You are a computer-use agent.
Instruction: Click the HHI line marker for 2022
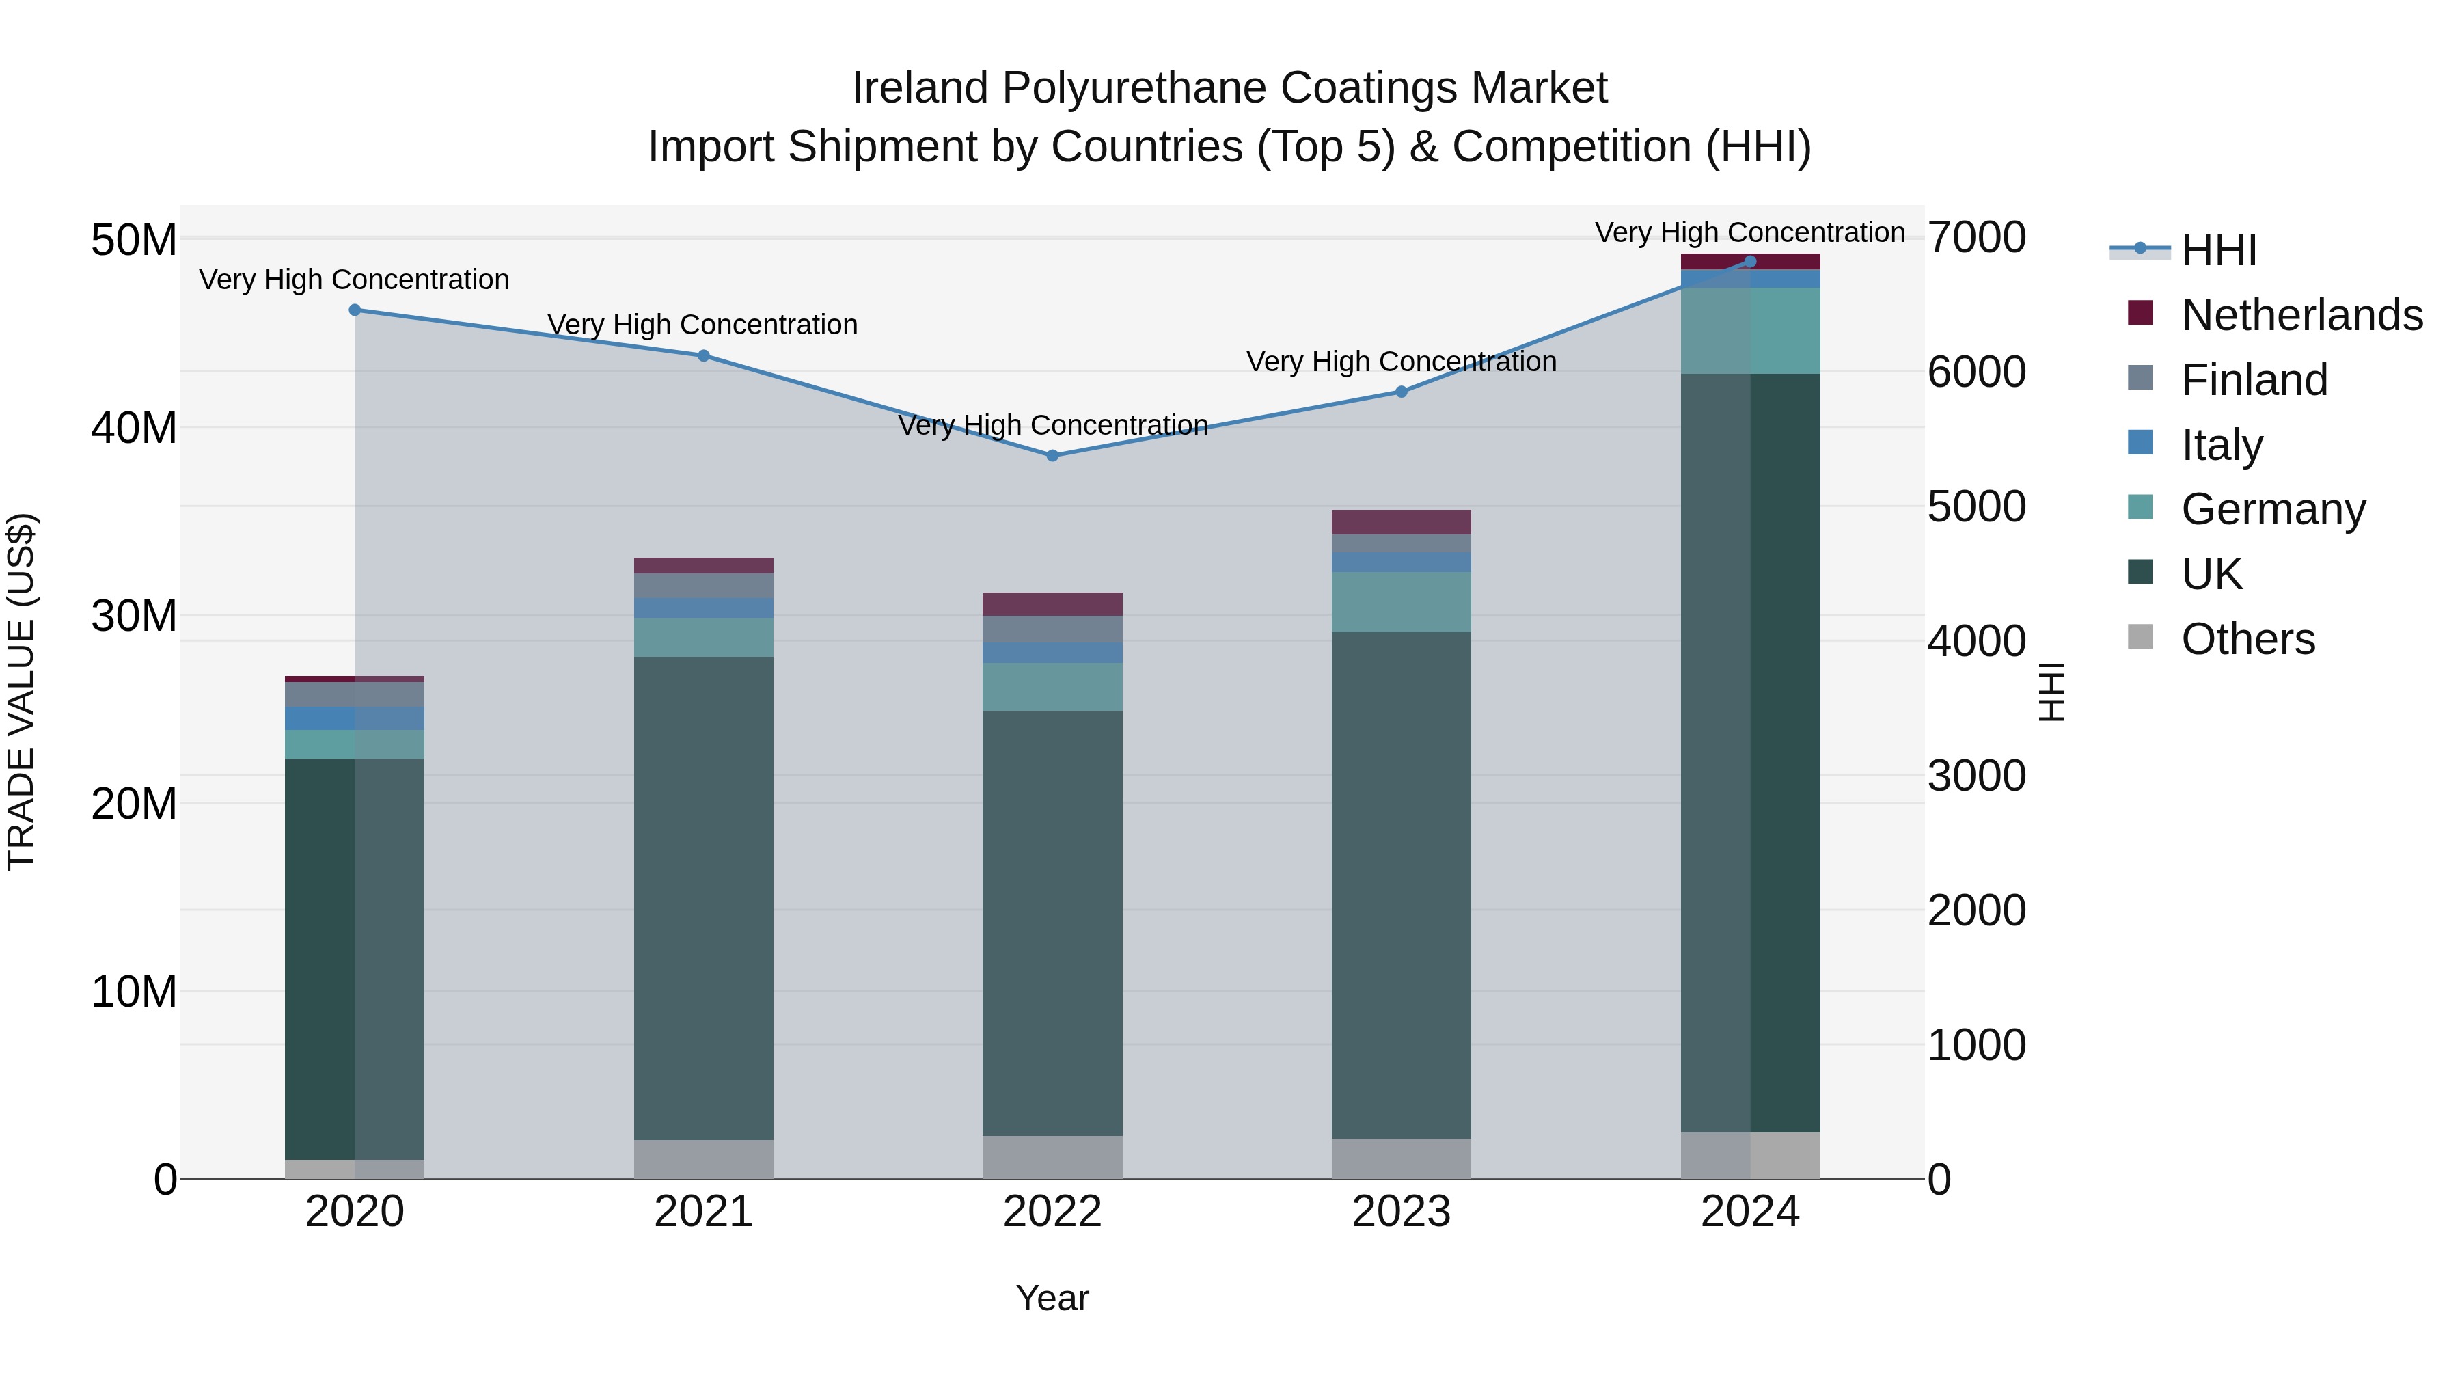tap(1052, 456)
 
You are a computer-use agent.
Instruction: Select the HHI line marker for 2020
tap(354, 310)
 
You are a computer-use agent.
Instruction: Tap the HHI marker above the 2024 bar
tap(1749, 261)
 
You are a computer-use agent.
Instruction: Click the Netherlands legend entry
tap(2301, 315)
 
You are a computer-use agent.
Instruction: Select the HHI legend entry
tap(2218, 250)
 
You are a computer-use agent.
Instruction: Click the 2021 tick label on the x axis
tap(703, 1212)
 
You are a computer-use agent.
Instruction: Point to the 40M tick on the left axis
tap(134, 428)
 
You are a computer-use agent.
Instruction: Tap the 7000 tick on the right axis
tap(1976, 237)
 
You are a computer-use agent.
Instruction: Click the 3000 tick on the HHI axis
tap(1976, 776)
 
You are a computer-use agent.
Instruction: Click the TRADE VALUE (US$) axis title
tap(21, 692)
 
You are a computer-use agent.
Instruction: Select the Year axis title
tap(1052, 1298)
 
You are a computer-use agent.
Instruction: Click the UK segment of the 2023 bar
tap(1401, 884)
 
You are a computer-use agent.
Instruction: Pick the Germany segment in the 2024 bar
tap(1749, 331)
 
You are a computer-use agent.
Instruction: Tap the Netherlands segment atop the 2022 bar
tap(1052, 603)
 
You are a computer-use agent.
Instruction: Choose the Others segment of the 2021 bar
tap(703, 1158)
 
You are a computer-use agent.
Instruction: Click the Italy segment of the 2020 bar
tap(354, 718)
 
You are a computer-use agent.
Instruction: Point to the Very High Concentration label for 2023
tap(1401, 362)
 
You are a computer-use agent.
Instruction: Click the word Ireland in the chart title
tap(918, 88)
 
